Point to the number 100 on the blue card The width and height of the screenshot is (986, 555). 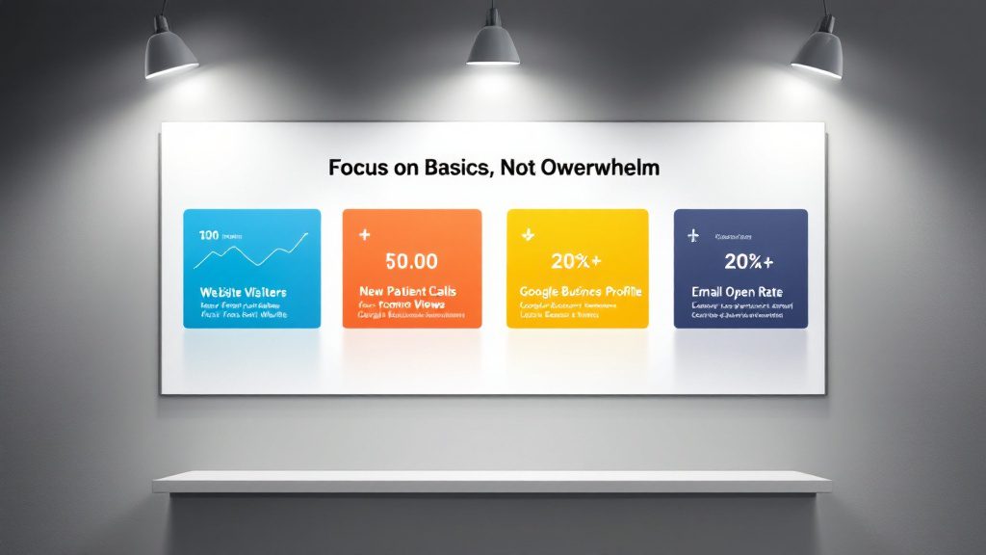click(207, 235)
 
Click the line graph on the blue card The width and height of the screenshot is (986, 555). click(252, 251)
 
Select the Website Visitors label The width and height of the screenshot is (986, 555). click(243, 291)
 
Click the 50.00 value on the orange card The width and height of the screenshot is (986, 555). click(411, 260)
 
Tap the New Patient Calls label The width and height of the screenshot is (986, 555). click(407, 291)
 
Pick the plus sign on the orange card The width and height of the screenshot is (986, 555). click(364, 234)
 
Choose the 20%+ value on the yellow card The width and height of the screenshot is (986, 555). click(577, 261)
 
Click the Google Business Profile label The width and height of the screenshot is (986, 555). click(581, 291)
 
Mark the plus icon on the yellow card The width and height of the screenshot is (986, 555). click(527, 234)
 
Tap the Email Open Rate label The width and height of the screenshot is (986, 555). click(738, 291)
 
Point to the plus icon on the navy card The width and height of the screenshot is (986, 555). click(692, 235)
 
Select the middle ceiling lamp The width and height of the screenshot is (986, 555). click(492, 44)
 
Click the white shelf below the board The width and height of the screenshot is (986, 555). click(492, 481)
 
